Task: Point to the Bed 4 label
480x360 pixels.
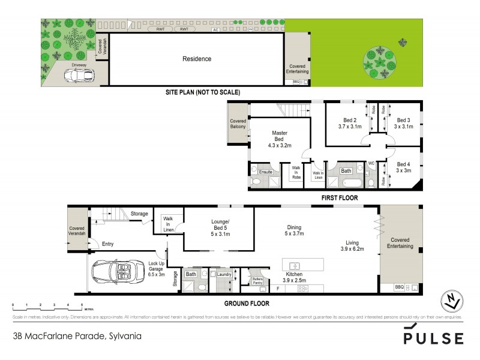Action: [x=403, y=164]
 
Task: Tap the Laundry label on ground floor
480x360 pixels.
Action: [x=225, y=274]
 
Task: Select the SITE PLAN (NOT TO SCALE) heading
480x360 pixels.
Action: [x=203, y=93]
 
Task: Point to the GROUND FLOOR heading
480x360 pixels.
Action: [x=247, y=304]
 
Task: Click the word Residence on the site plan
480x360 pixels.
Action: [x=197, y=59]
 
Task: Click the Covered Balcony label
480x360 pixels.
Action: [x=238, y=124]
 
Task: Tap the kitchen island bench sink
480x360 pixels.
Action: [x=295, y=265]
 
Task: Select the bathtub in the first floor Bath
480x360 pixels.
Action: [x=346, y=181]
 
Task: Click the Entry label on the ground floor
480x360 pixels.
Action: [x=107, y=244]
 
